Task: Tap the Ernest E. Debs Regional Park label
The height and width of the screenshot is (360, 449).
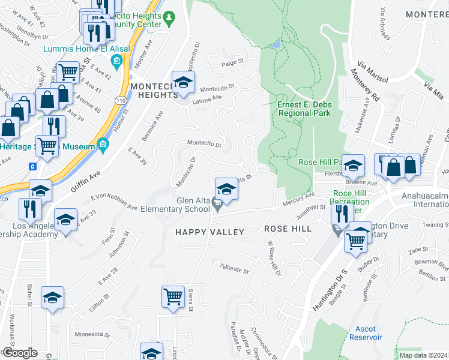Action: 304,109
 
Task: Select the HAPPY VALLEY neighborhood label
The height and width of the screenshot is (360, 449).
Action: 209,232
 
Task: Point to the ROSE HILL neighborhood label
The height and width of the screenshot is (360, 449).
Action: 288,229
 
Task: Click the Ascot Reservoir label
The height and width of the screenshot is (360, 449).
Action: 366,333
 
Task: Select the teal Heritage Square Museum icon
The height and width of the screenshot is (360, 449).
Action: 103,145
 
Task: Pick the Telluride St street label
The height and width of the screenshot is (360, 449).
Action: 234,269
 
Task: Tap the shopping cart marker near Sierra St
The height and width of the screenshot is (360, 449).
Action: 173,296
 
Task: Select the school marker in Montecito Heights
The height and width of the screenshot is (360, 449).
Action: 184,82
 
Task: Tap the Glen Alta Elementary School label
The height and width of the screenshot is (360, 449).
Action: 175,205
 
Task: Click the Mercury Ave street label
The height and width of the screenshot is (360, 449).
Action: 300,199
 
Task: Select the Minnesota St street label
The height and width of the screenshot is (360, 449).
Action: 89,335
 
